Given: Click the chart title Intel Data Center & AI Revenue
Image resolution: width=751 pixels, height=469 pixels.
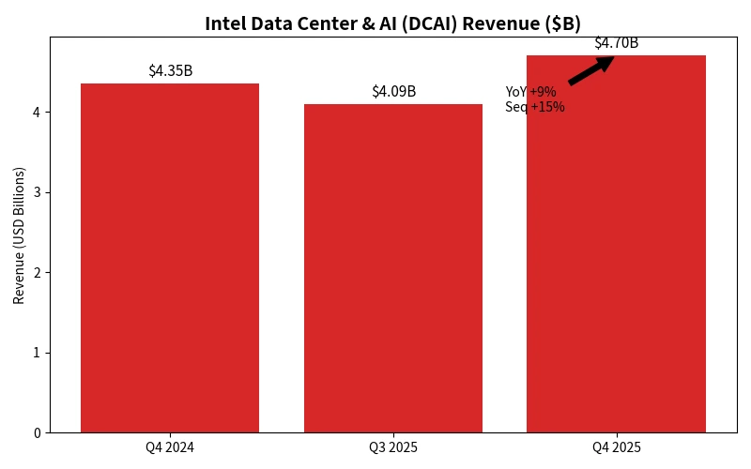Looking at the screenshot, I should [x=392, y=23].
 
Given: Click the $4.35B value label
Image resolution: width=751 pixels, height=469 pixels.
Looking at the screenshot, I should [x=170, y=71].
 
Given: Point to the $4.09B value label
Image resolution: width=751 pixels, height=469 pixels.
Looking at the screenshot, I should [x=393, y=92].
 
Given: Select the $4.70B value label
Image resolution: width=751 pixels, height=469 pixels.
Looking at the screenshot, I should [x=616, y=43].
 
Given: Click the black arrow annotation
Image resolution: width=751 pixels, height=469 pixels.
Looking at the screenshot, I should [x=590, y=71].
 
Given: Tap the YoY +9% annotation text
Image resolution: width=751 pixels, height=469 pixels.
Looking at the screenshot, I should [x=530, y=92].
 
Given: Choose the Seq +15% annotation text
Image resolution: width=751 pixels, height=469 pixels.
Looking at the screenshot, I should [x=535, y=107].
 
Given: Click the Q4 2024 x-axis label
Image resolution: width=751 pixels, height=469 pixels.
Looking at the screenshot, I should [x=170, y=447].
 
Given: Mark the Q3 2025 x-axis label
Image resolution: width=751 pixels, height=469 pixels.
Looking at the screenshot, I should [x=393, y=447].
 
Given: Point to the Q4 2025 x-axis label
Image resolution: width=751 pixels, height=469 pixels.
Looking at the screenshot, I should [x=616, y=447].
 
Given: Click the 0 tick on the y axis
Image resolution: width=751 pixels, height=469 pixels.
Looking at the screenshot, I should [x=38, y=433].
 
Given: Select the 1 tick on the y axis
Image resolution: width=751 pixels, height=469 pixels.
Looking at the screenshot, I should [x=38, y=353].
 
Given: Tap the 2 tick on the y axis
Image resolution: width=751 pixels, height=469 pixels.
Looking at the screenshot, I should [x=38, y=273].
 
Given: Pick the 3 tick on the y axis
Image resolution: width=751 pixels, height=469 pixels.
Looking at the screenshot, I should [x=38, y=192].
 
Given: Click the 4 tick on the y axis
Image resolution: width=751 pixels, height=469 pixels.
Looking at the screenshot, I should [x=38, y=113].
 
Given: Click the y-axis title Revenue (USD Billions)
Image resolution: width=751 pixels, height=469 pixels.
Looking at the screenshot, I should [x=19, y=234].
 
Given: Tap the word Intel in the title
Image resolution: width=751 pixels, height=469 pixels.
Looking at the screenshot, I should [x=225, y=23].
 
